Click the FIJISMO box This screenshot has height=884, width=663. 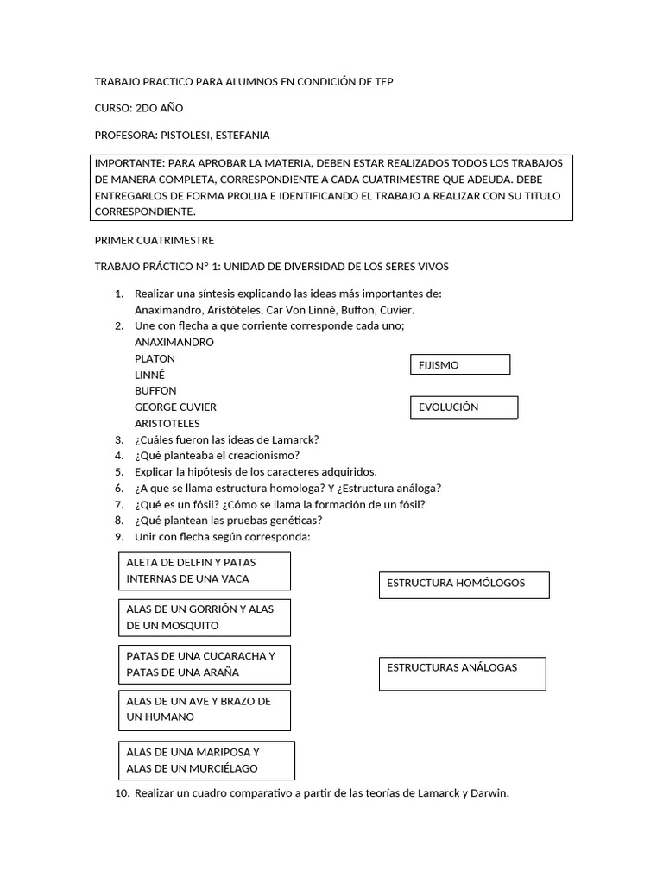pyautogui.click(x=460, y=364)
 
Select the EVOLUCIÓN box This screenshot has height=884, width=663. pyautogui.click(x=463, y=407)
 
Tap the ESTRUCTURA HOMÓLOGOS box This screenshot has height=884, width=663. pyautogui.click(x=464, y=584)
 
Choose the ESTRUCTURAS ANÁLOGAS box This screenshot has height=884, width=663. pyautogui.click(x=463, y=673)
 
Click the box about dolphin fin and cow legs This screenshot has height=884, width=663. pyautogui.click(x=205, y=571)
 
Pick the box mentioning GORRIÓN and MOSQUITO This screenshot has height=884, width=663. pyautogui.click(x=205, y=617)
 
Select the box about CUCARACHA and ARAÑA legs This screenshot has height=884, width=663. pyautogui.click(x=205, y=664)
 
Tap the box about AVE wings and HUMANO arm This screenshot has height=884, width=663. pyautogui.click(x=205, y=710)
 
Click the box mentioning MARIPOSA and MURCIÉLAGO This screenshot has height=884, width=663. pyautogui.click(x=207, y=761)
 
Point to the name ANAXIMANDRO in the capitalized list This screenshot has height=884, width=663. pyautogui.click(x=174, y=342)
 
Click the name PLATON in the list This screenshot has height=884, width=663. pyautogui.click(x=155, y=358)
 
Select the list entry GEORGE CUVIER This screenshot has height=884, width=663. pyautogui.click(x=176, y=407)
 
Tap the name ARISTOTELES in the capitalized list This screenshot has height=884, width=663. pyautogui.click(x=167, y=423)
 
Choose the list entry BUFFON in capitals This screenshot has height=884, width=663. pyautogui.click(x=156, y=390)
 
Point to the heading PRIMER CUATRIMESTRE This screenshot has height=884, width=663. pyautogui.click(x=155, y=240)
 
